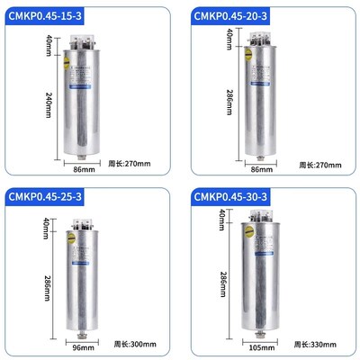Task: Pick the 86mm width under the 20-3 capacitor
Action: [x=261, y=167]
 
